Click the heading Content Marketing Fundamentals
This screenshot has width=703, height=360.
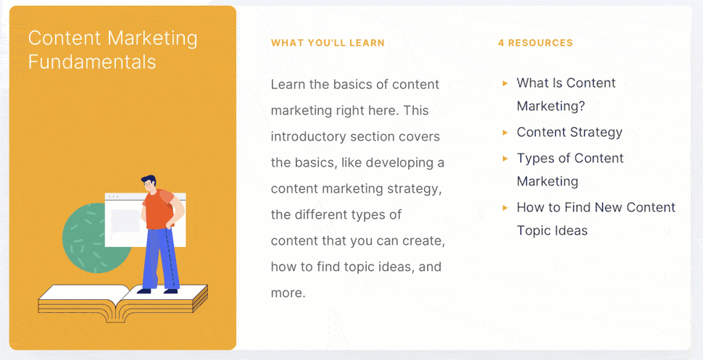coord(112,49)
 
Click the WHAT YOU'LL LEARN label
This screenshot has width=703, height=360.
coord(328,43)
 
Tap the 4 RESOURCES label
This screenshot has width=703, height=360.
coord(535,43)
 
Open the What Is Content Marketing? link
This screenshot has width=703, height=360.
coord(565,94)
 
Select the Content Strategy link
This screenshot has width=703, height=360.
coord(569,132)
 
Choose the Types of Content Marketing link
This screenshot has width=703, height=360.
coord(570,169)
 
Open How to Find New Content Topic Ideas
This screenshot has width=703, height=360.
coord(595,219)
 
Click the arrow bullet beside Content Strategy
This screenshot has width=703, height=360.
coord(505,132)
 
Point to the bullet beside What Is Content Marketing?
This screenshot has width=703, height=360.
coord(505,83)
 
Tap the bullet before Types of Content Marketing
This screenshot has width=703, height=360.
coord(505,158)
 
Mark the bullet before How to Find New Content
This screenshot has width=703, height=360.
coord(505,208)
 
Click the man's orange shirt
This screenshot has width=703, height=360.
coord(158,210)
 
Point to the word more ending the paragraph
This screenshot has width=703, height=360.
coord(287,293)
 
